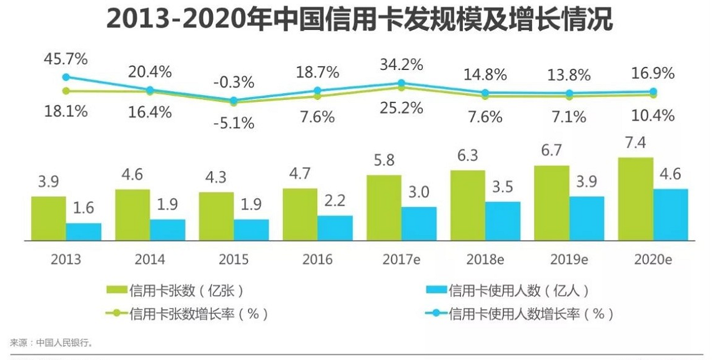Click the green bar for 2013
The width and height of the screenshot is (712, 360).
pos(49,218)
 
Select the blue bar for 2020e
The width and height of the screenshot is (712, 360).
pos(670,214)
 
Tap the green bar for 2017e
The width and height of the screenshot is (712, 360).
pos(383,207)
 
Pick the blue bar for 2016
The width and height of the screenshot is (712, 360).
pos(335,227)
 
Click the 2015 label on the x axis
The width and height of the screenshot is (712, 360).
pos(234,259)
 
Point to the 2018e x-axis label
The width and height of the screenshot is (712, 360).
pos(485,259)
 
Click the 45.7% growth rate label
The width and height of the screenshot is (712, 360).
pos(66,59)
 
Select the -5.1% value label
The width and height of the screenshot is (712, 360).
pos(233,123)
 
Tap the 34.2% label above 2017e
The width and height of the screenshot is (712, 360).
pos(402,64)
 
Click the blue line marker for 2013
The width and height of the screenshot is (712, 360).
pos(66,77)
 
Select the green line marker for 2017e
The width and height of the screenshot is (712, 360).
pos(402,87)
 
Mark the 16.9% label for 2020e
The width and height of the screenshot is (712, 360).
pos(653,74)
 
